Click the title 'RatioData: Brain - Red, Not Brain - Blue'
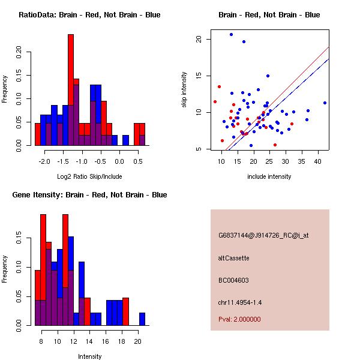(x=89, y=15)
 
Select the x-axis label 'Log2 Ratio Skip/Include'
(x=89, y=176)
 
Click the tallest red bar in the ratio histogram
(x=71, y=90)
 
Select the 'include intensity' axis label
(x=269, y=176)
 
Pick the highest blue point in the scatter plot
(x=231, y=35)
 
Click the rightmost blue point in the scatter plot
(x=325, y=103)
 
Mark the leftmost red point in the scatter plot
(x=215, y=101)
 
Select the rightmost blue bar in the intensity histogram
(x=142, y=319)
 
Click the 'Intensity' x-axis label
(x=90, y=356)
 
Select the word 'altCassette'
(x=233, y=258)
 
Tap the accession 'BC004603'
(x=233, y=280)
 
